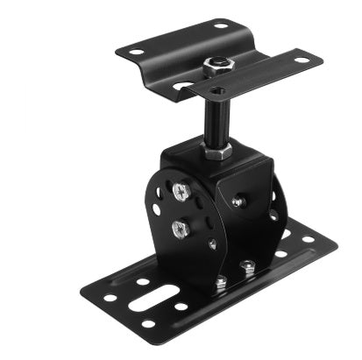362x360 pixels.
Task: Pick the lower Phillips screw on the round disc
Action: tap(181, 229)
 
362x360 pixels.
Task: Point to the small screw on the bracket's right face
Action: tap(238, 201)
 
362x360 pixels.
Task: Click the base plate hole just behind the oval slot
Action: tap(142, 283)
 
